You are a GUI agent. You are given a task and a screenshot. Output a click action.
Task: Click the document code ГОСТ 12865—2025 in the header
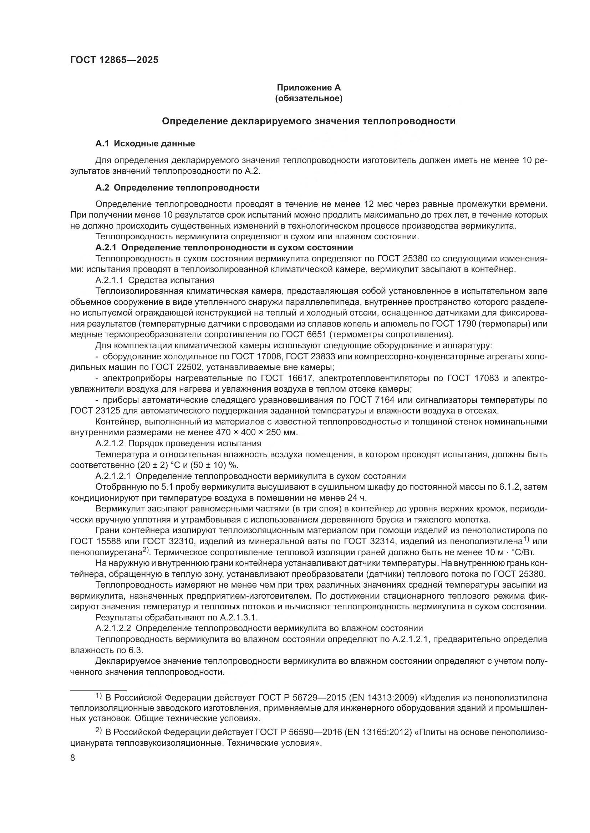pos(114,60)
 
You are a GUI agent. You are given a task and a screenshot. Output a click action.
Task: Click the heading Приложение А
pos(309,88)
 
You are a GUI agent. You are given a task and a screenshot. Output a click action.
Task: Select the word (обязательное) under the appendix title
pos(309,98)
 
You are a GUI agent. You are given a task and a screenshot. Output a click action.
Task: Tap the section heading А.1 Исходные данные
pos(145,143)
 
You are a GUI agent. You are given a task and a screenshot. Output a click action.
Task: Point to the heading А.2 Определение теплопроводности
pos(177,188)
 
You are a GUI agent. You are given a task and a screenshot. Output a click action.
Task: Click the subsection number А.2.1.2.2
pos(113,628)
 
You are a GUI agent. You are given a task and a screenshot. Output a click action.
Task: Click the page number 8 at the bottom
pos(73,758)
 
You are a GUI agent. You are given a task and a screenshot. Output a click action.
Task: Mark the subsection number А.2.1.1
pos(110,280)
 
